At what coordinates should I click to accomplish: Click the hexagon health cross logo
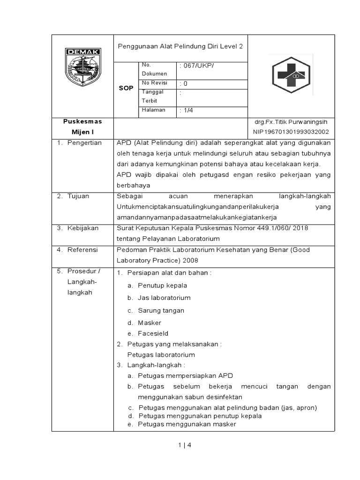tap(291, 75)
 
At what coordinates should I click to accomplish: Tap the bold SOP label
tap(126, 88)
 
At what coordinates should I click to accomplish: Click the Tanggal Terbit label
tap(151, 96)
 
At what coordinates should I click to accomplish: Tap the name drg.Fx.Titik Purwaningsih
tap(291, 122)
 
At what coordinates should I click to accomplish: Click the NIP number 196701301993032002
tap(291, 132)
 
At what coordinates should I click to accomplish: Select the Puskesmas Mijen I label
tap(82, 127)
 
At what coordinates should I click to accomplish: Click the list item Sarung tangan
tap(161, 310)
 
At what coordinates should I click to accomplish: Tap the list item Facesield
tap(153, 333)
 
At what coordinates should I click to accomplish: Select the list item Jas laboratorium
tap(164, 298)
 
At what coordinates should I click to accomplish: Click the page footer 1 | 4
tap(185, 445)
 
